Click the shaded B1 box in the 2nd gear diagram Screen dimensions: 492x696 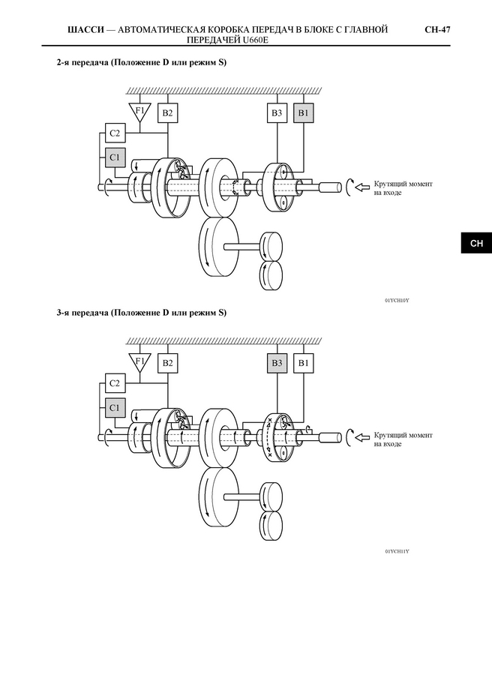303,112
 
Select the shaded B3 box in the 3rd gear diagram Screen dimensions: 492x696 277,363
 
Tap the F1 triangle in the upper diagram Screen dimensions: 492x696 139,112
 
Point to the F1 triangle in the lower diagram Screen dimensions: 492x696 139,362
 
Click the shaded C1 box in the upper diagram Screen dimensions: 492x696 115,157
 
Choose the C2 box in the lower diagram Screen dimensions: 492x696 115,383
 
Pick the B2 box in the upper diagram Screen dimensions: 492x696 167,112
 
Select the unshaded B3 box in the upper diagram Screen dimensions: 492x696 277,112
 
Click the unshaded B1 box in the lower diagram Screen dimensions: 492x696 303,363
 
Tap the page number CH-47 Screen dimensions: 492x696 437,30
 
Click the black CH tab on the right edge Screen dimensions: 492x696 476,243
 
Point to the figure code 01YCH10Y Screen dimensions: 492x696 397,301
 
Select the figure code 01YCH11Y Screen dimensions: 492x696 397,551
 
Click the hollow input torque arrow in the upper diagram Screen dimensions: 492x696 362,187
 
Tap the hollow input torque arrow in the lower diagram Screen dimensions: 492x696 362,439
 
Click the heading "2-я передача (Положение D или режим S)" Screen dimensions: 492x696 142,62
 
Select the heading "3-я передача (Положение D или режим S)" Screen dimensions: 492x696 142,313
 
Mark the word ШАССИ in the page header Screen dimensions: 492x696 85,30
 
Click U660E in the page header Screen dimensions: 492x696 256,40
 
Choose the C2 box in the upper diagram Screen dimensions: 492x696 115,133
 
